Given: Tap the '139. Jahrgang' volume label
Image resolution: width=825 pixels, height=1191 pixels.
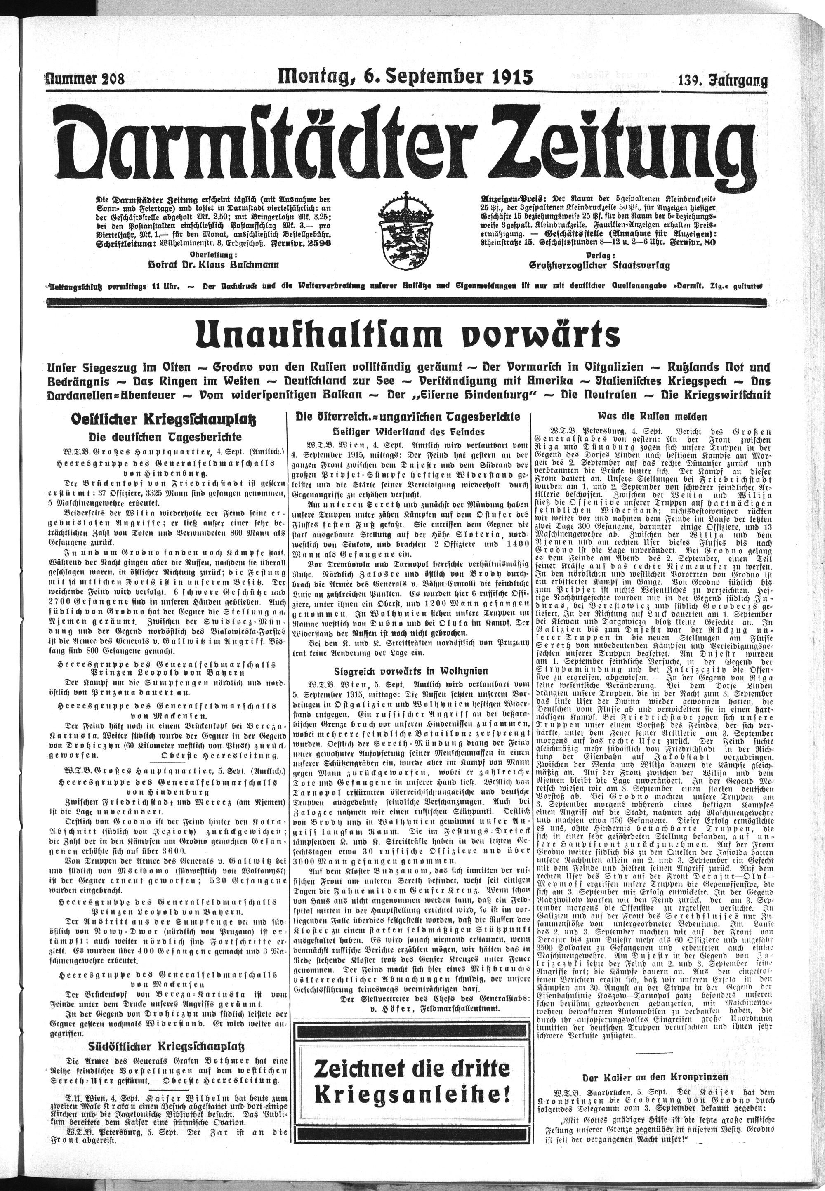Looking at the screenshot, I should click(723, 80).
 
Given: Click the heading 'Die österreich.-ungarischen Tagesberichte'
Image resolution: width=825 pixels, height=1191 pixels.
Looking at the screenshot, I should click(407, 416).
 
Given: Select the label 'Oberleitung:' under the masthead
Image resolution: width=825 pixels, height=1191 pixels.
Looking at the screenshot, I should click(214, 255).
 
